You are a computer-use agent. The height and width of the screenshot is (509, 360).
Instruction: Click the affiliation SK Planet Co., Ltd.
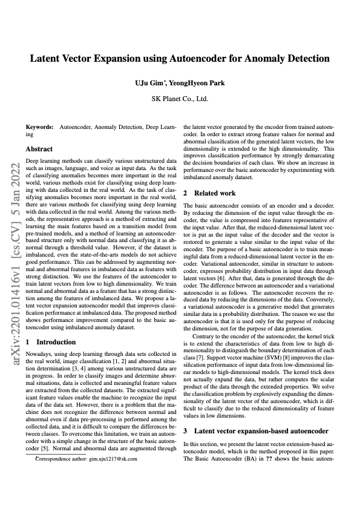pyautogui.click(x=180, y=97)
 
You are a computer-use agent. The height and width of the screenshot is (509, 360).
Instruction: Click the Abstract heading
pyautogui.click(x=39, y=149)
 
